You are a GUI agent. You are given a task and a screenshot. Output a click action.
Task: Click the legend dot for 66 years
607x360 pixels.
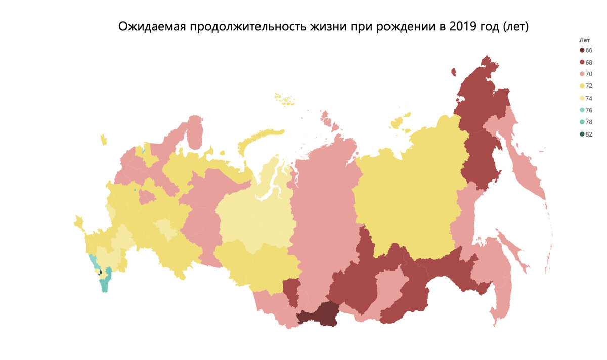[x=582, y=50]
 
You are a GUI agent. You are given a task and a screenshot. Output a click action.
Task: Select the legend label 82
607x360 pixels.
[x=589, y=134]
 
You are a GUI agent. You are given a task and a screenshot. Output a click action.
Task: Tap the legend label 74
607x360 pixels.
[x=589, y=98]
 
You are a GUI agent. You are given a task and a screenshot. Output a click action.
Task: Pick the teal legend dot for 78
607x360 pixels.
[x=582, y=122]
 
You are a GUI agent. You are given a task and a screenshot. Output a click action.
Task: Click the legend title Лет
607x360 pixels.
[x=584, y=39]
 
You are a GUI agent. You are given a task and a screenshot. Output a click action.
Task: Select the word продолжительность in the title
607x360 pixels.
[x=247, y=27]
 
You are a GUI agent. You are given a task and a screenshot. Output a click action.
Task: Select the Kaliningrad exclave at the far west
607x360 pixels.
[x=104, y=140]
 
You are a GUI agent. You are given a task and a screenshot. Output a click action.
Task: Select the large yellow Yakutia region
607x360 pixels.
[x=410, y=192]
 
